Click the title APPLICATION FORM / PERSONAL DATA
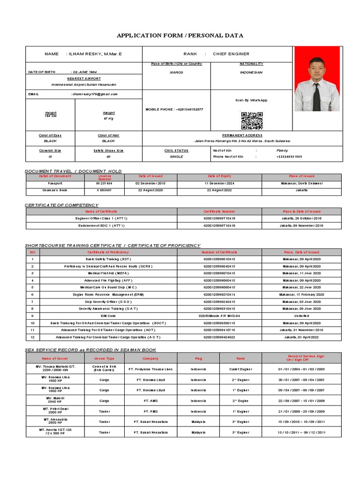click(180, 36)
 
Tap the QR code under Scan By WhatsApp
click(252, 120)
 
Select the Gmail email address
click(94, 94)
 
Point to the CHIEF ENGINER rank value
click(231, 54)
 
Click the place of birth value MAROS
click(176, 73)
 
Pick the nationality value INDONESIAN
click(252, 73)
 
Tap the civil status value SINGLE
click(176, 157)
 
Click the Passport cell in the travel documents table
click(49, 183)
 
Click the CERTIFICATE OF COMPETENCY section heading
click(61, 205)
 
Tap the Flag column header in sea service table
click(198, 358)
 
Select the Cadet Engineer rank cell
click(240, 369)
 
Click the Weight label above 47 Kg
click(108, 113)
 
